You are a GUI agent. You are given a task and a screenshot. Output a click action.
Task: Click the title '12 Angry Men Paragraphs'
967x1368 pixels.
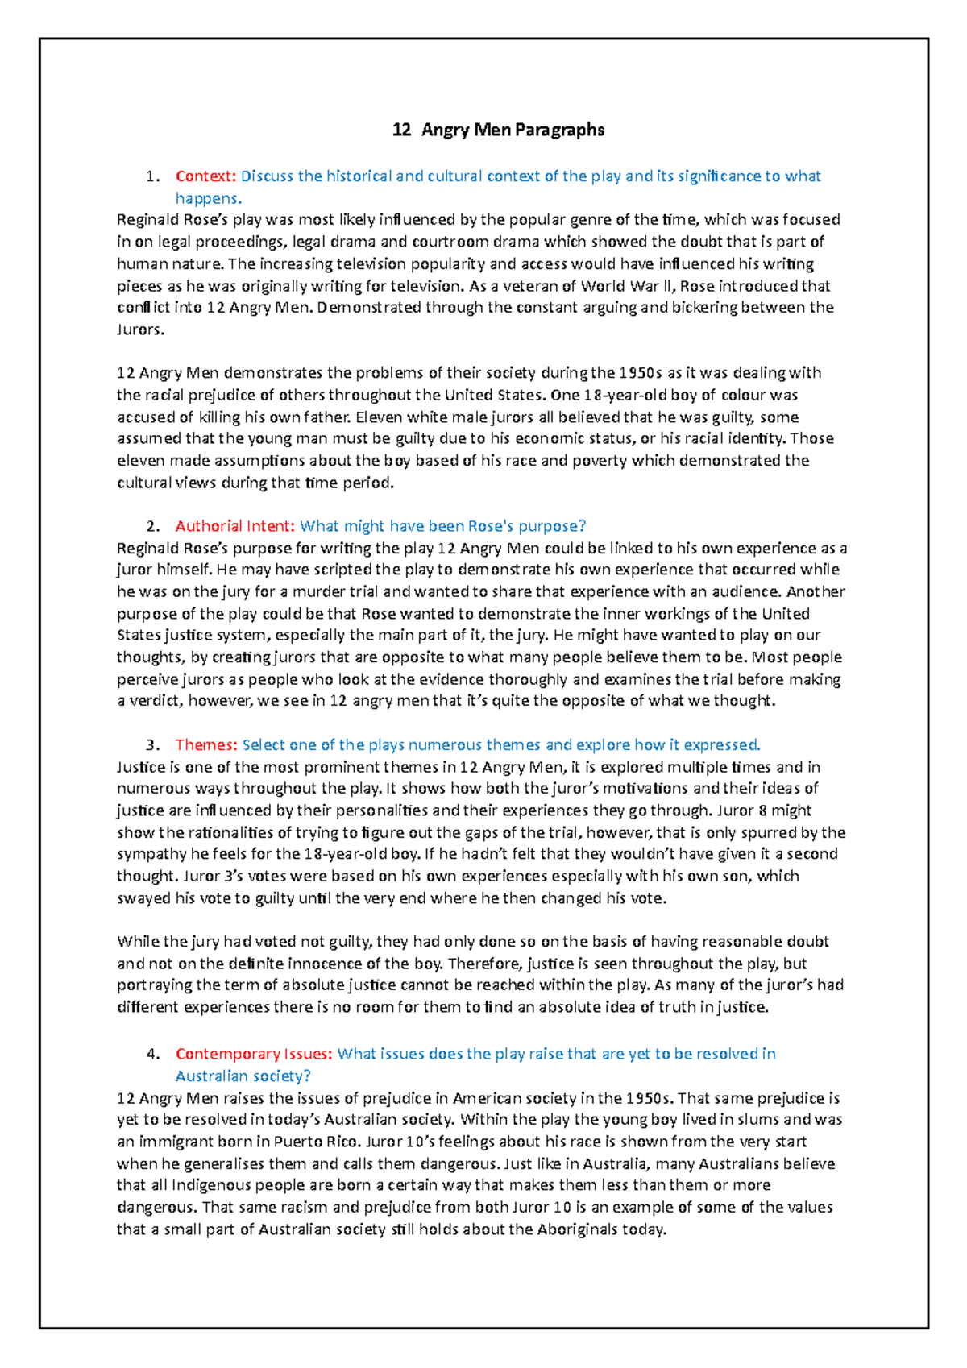[498, 130]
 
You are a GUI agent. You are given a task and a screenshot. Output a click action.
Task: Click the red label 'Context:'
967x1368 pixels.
[205, 176]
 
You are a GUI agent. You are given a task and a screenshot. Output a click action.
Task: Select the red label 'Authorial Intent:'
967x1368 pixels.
[235, 526]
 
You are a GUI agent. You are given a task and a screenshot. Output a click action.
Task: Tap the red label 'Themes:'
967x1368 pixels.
[205, 744]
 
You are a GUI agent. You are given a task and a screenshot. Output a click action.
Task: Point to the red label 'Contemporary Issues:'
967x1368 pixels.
[254, 1054]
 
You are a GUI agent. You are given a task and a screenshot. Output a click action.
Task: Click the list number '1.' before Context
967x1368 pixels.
[153, 176]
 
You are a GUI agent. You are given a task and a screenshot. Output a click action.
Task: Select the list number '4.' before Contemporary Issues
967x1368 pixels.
[153, 1054]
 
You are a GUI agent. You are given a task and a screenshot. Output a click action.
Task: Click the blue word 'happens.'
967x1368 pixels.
[209, 198]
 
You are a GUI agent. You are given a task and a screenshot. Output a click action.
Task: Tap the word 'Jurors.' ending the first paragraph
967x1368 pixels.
[140, 330]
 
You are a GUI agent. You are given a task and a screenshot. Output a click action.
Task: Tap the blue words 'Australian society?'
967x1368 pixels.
[243, 1076]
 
